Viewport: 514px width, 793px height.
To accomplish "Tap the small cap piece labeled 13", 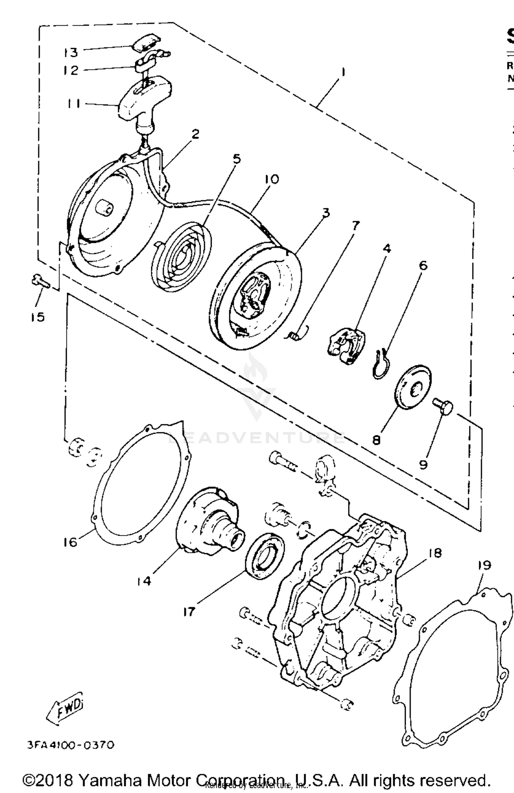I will coord(146,43).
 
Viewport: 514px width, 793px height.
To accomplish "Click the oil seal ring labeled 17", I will coord(264,556).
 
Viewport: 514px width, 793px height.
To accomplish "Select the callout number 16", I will coord(70,542).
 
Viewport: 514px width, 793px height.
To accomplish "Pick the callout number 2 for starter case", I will coord(195,134).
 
